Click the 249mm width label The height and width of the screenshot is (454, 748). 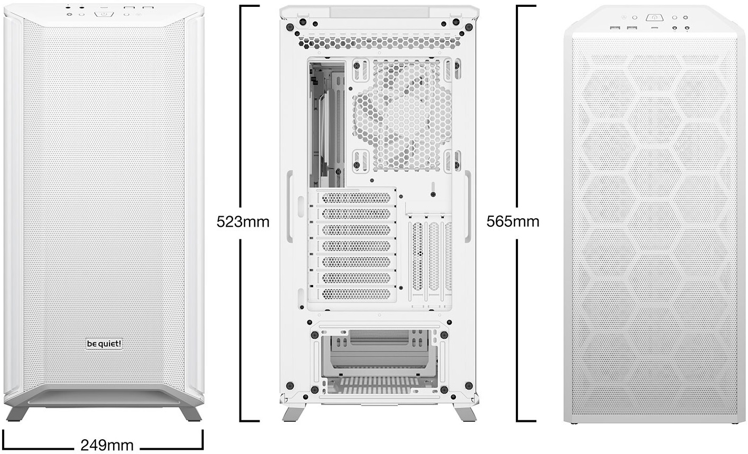(107, 445)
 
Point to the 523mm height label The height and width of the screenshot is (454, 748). (243, 221)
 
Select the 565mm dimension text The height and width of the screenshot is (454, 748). (513, 221)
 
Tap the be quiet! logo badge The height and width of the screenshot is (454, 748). (104, 344)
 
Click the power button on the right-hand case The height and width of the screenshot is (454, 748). (654, 18)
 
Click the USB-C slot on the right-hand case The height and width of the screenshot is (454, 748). (654, 28)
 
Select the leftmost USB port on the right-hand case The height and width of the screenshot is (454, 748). (615, 27)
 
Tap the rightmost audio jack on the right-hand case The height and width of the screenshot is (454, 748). (686, 28)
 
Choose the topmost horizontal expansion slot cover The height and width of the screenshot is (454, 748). (356, 198)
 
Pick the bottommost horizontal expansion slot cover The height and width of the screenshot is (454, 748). (356, 294)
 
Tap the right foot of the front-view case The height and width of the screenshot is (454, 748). (191, 413)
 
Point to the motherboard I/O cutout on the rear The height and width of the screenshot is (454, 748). (327, 124)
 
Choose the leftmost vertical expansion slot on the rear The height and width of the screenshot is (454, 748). (417, 256)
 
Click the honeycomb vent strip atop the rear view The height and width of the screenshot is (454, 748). (380, 43)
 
